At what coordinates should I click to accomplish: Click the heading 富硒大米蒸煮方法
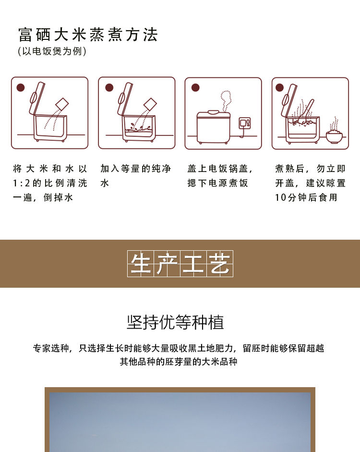point(88,35)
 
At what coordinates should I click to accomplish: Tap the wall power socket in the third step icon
point(245,122)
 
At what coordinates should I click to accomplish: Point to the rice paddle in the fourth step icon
point(309,110)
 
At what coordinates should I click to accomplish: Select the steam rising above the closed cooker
point(225,100)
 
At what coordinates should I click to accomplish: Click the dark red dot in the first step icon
point(20,87)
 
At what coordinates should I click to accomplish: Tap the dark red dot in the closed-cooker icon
point(195,87)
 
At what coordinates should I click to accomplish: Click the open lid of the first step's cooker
point(36,98)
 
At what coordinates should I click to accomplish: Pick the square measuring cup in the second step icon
point(150,104)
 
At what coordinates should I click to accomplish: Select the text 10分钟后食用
point(306,197)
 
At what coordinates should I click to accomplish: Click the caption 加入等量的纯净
point(135,169)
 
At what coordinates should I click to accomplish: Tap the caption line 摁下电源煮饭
point(217,183)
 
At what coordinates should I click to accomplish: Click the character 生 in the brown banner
point(140,264)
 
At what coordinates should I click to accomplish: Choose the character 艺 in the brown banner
point(220,264)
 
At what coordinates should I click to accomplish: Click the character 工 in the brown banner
point(193,264)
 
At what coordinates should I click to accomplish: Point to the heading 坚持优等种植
point(175,322)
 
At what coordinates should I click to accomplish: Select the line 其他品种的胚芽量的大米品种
point(179,361)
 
